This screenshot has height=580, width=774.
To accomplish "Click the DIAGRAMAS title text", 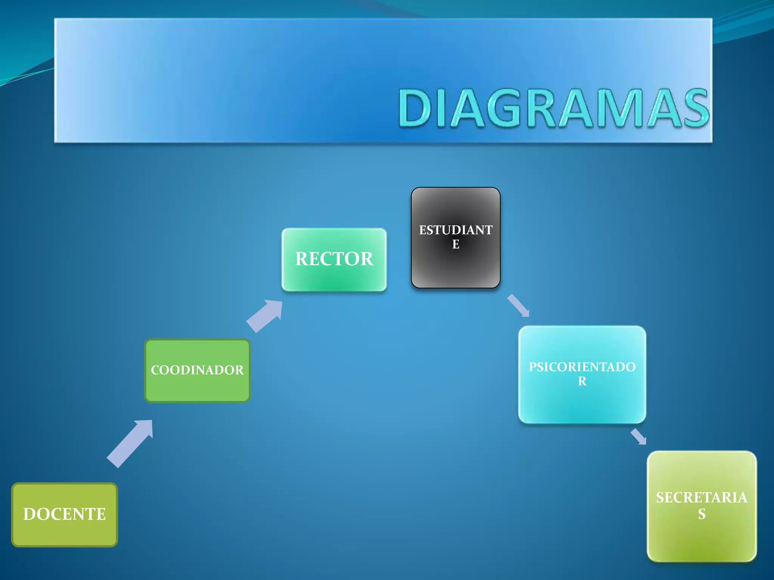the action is pyautogui.click(x=553, y=108).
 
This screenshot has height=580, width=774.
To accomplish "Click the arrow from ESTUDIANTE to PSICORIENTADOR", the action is pyautogui.click(x=518, y=305).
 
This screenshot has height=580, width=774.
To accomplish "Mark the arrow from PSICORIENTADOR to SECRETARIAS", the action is pyautogui.click(x=638, y=437).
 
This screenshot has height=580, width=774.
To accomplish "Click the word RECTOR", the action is pyautogui.click(x=334, y=259).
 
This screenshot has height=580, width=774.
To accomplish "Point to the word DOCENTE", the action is pyautogui.click(x=65, y=514).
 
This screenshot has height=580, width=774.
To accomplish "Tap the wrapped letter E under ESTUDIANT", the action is pyautogui.click(x=456, y=244).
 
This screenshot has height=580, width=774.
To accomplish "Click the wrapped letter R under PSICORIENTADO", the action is pyautogui.click(x=582, y=381).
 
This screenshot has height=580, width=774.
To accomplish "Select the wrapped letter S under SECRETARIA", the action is pyautogui.click(x=702, y=514).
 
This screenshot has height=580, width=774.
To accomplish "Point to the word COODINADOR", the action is pyautogui.click(x=197, y=370).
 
